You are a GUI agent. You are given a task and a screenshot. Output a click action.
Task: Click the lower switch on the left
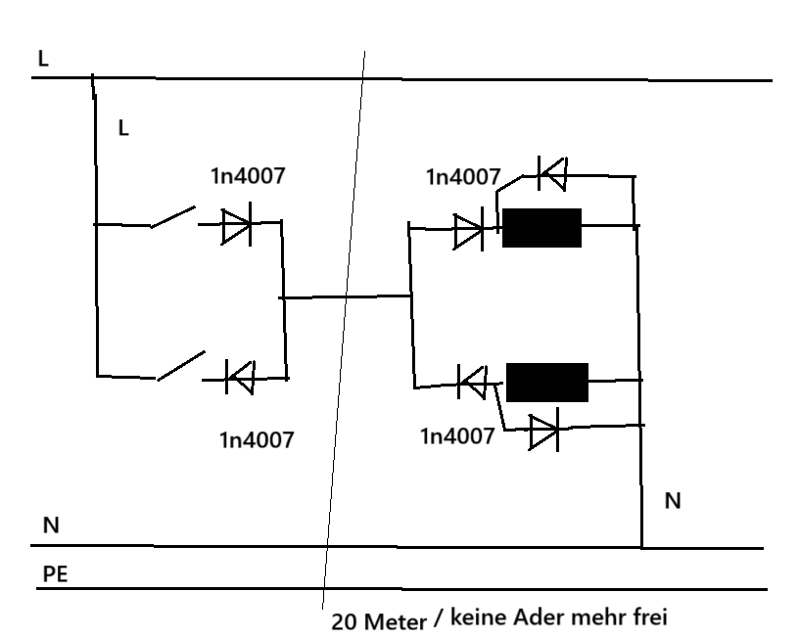(181, 365)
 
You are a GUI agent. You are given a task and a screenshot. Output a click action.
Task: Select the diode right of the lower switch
(239, 376)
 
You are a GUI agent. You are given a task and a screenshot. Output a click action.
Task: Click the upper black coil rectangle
(541, 227)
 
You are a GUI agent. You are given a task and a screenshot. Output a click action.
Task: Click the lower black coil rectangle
(546, 382)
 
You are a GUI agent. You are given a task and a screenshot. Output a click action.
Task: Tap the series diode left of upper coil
(469, 232)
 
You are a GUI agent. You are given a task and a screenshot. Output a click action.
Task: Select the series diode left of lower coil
(472, 383)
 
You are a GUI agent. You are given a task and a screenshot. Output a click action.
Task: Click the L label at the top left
(42, 59)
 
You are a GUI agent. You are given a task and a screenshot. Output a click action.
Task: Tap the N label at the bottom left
(51, 525)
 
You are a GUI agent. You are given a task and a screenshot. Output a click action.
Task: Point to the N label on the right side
(673, 501)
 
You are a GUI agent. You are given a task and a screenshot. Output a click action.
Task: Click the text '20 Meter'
(379, 622)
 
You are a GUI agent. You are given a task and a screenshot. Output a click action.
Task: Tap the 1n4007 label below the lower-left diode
(257, 439)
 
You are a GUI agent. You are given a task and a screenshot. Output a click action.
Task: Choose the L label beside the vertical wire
(122, 128)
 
